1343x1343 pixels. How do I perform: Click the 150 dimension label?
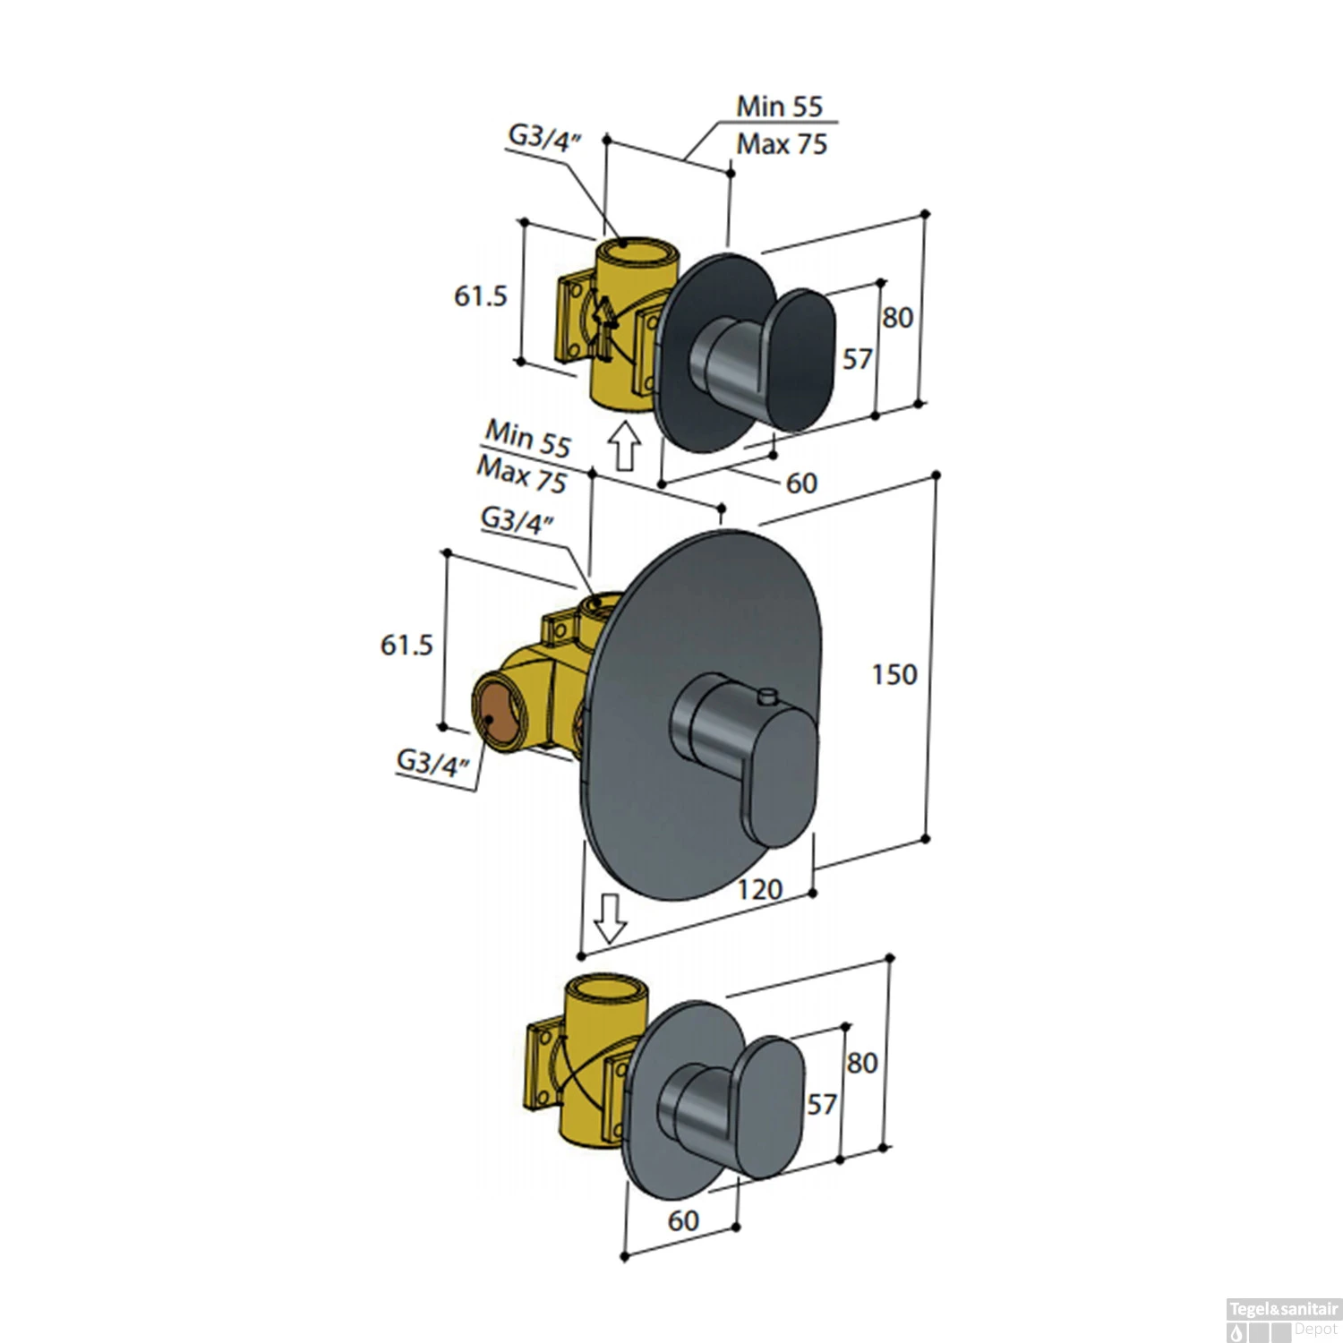[x=894, y=674]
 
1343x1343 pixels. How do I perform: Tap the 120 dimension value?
[x=759, y=889]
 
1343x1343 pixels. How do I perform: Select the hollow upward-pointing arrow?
[x=624, y=445]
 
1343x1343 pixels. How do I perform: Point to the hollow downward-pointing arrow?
[x=611, y=919]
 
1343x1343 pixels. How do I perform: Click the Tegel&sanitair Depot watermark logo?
[x=1283, y=1320]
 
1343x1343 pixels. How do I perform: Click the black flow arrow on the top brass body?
[x=603, y=327]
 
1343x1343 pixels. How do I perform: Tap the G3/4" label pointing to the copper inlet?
[x=433, y=763]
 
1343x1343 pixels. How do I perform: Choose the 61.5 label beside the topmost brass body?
[x=481, y=295]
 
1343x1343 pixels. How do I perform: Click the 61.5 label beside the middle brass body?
[x=406, y=645]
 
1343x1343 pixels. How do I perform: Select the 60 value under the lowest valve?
[x=682, y=1220]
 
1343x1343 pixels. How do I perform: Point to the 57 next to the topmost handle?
[x=857, y=359]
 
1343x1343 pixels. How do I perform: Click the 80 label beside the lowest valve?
[x=861, y=1063]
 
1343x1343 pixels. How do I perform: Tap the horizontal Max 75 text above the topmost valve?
[x=782, y=144]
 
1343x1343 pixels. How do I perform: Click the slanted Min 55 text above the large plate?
[x=528, y=439]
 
